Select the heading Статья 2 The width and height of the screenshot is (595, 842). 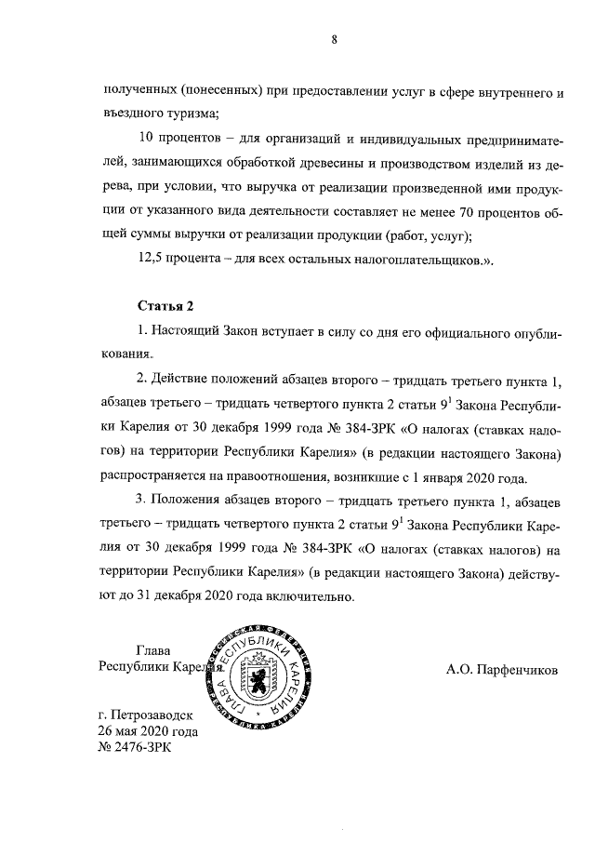(x=165, y=306)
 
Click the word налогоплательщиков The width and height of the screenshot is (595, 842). (x=417, y=258)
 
